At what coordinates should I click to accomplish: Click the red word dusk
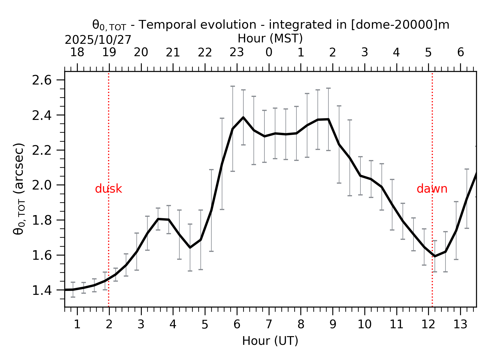click(x=108, y=189)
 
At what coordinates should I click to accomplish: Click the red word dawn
click(x=432, y=189)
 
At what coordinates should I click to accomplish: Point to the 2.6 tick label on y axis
click(x=42, y=81)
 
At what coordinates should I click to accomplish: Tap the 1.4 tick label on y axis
click(x=42, y=290)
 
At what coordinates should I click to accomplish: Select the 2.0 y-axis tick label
click(x=42, y=185)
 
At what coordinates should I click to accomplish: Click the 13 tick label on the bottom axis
click(x=460, y=325)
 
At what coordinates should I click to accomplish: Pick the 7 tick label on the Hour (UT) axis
click(x=269, y=325)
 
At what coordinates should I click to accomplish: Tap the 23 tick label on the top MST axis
click(x=237, y=53)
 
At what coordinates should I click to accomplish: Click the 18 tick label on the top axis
click(x=77, y=53)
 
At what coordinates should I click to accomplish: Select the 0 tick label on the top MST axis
click(x=269, y=53)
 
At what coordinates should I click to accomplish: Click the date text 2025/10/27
click(x=98, y=40)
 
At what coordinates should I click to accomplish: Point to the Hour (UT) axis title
click(x=270, y=341)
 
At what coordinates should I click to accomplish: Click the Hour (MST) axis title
click(x=270, y=39)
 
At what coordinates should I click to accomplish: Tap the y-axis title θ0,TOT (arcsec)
click(x=19, y=189)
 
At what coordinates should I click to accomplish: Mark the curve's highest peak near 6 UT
click(x=243, y=117)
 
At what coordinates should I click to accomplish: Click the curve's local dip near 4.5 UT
click(x=190, y=247)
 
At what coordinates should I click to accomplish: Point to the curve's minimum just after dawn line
click(x=435, y=256)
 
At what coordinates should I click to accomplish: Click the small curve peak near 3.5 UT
click(x=158, y=219)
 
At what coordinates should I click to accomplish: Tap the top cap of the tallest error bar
click(x=232, y=86)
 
